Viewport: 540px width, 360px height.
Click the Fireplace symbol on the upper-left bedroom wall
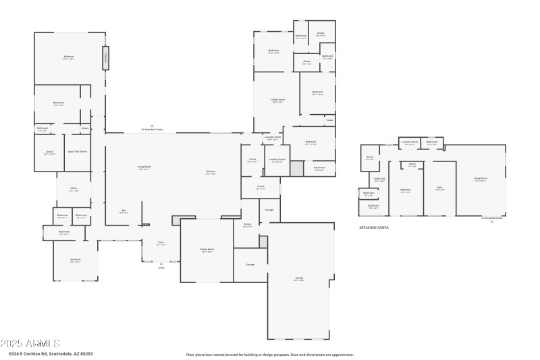click(x=105, y=57)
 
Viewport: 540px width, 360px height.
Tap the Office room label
click(x=74, y=191)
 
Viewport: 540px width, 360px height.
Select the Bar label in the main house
click(x=124, y=211)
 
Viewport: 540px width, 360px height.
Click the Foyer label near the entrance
click(x=161, y=243)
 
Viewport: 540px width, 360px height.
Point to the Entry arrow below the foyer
click(x=161, y=263)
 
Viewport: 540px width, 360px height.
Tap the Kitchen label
click(x=211, y=172)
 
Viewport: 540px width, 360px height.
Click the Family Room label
click(x=277, y=101)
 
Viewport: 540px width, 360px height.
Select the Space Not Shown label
click(x=78, y=151)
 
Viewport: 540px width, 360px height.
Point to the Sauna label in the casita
click(x=370, y=159)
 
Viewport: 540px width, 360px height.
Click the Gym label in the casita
click(x=439, y=188)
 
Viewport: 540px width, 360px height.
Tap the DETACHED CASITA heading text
click(x=374, y=228)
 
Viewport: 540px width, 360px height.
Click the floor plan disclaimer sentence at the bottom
click(x=270, y=354)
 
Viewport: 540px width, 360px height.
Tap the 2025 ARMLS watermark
click(x=31, y=344)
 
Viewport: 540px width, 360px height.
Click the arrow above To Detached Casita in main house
click(x=153, y=126)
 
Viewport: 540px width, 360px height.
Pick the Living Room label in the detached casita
click(x=481, y=180)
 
